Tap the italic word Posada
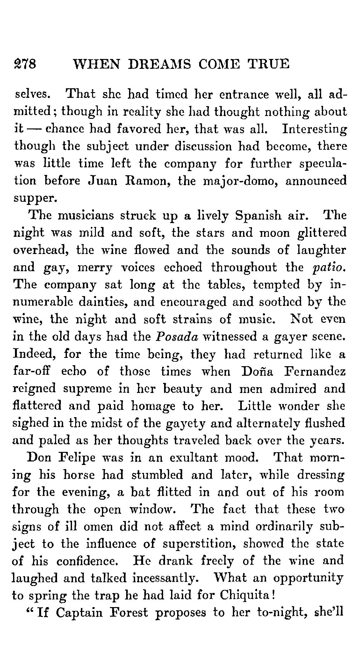point(177,337)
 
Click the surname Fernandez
point(314,372)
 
